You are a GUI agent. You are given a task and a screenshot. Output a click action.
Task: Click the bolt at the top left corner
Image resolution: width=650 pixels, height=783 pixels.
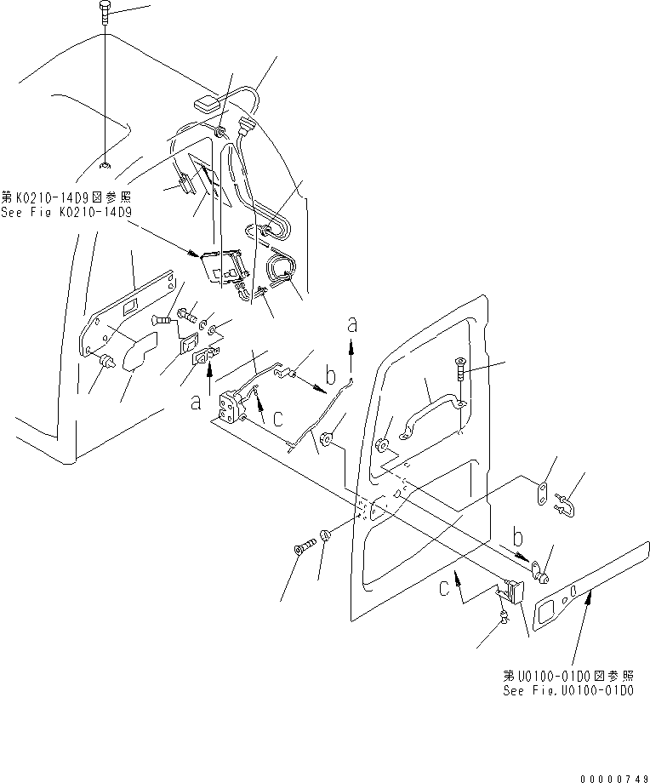click(x=103, y=13)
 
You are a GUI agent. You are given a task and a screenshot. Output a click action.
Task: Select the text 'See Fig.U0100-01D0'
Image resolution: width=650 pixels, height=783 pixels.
click(x=567, y=690)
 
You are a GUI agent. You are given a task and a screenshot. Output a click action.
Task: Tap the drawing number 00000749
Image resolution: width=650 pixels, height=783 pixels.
click(x=615, y=778)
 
